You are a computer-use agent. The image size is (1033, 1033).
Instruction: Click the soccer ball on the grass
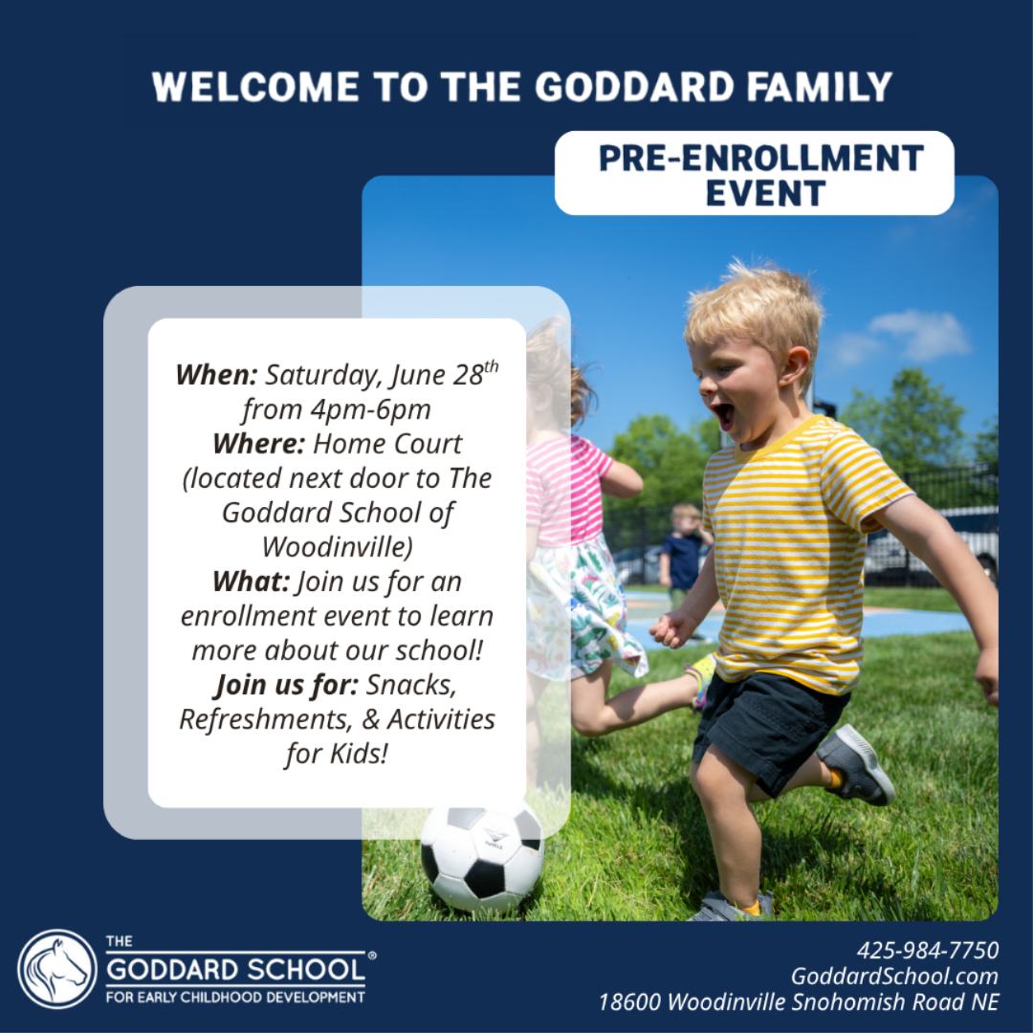[482, 857]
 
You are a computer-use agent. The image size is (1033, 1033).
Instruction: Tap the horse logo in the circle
[57, 969]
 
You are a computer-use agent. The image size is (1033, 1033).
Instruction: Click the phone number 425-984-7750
[928, 950]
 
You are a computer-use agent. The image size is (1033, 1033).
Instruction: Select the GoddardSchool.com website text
[894, 976]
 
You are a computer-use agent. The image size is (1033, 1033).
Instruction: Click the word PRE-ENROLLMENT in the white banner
[761, 158]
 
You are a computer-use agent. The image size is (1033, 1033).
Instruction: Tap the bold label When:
[216, 375]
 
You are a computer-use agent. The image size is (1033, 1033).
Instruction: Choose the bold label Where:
[258, 444]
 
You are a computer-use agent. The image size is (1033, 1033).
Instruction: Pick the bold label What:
[251, 582]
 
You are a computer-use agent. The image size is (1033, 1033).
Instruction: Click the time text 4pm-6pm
[370, 409]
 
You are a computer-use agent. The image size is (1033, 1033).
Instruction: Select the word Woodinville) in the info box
[338, 547]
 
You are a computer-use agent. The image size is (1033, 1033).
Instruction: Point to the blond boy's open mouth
[724, 415]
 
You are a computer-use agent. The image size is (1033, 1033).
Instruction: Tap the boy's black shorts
[768, 728]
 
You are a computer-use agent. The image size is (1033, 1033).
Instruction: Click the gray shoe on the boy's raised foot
[855, 765]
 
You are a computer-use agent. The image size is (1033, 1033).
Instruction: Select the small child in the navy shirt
[684, 559]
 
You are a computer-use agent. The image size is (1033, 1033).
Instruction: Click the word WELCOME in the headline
[255, 86]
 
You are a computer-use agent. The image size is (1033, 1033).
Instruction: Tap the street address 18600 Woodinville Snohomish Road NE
[799, 1001]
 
